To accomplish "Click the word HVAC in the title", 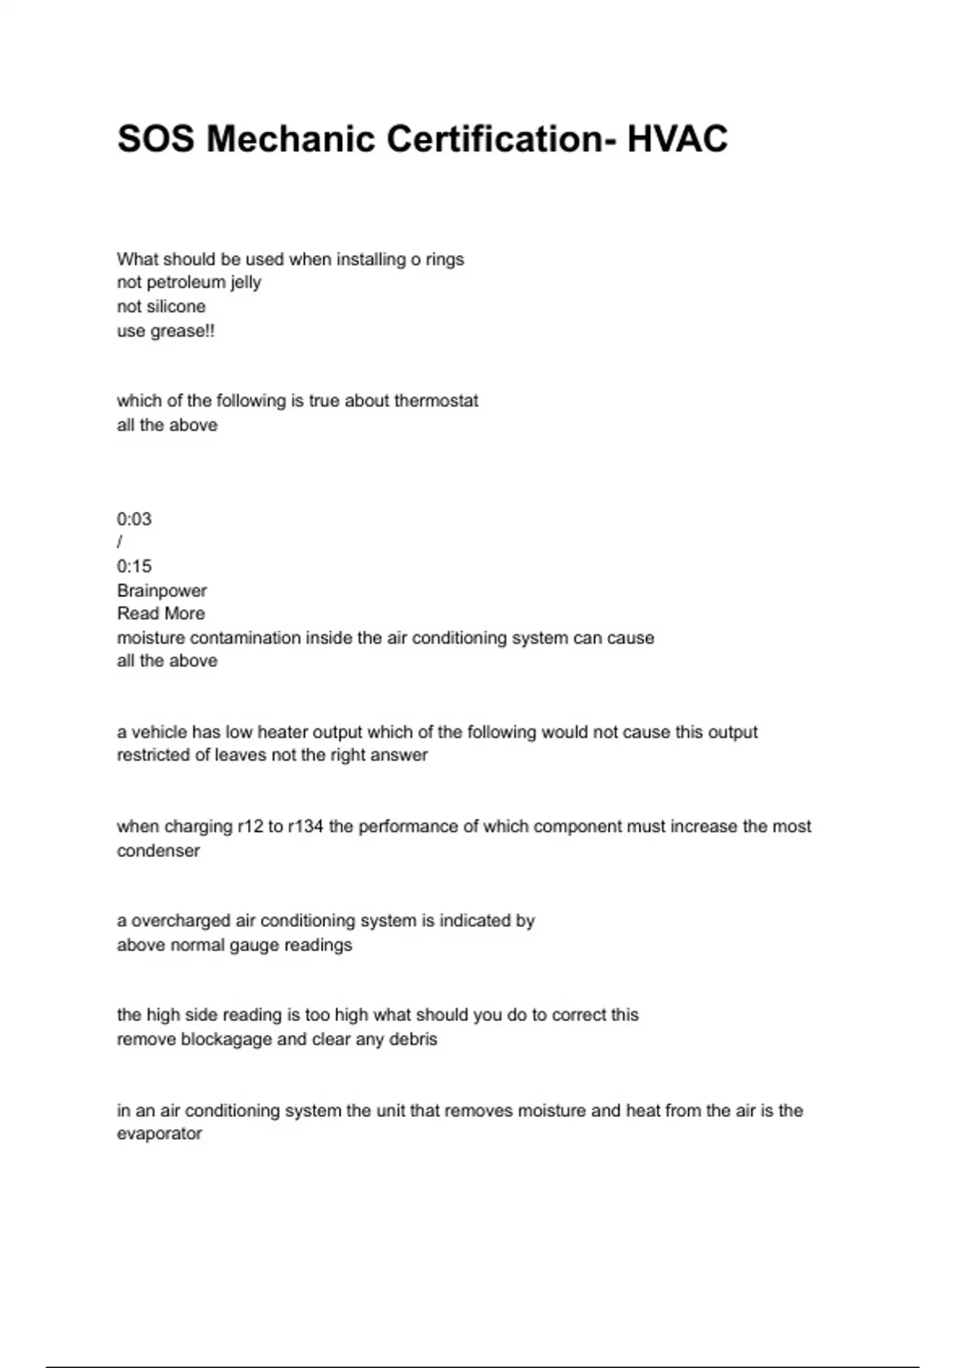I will point(677,139).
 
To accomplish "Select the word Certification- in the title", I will point(502,139).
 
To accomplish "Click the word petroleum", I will point(186,282).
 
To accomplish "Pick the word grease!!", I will point(182,331).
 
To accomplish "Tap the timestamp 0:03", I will point(134,519).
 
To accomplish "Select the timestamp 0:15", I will point(134,567).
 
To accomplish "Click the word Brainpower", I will point(162,591).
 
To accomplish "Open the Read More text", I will point(161,614).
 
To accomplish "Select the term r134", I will point(305,826).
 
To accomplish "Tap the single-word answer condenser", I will point(159,851).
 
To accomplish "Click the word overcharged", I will point(181,921).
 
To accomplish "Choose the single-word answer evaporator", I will point(159,1134).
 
